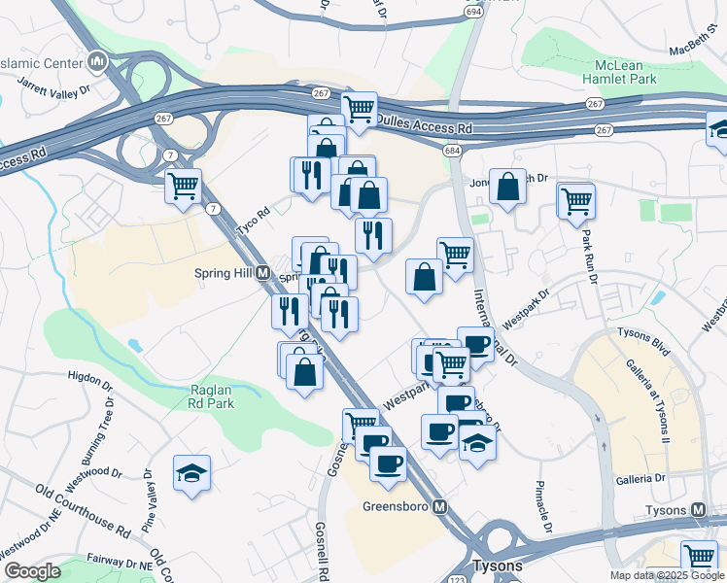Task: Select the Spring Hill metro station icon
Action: [x=263, y=274]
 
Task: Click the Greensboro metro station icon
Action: [x=440, y=507]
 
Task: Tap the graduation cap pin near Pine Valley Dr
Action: [x=190, y=474]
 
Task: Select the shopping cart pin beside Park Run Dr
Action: [x=576, y=201]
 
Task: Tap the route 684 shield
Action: [x=451, y=151]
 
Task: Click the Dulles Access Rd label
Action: [x=426, y=127]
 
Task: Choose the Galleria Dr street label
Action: [x=640, y=479]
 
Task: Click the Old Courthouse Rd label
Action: [x=83, y=510]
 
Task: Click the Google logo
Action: [x=32, y=571]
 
